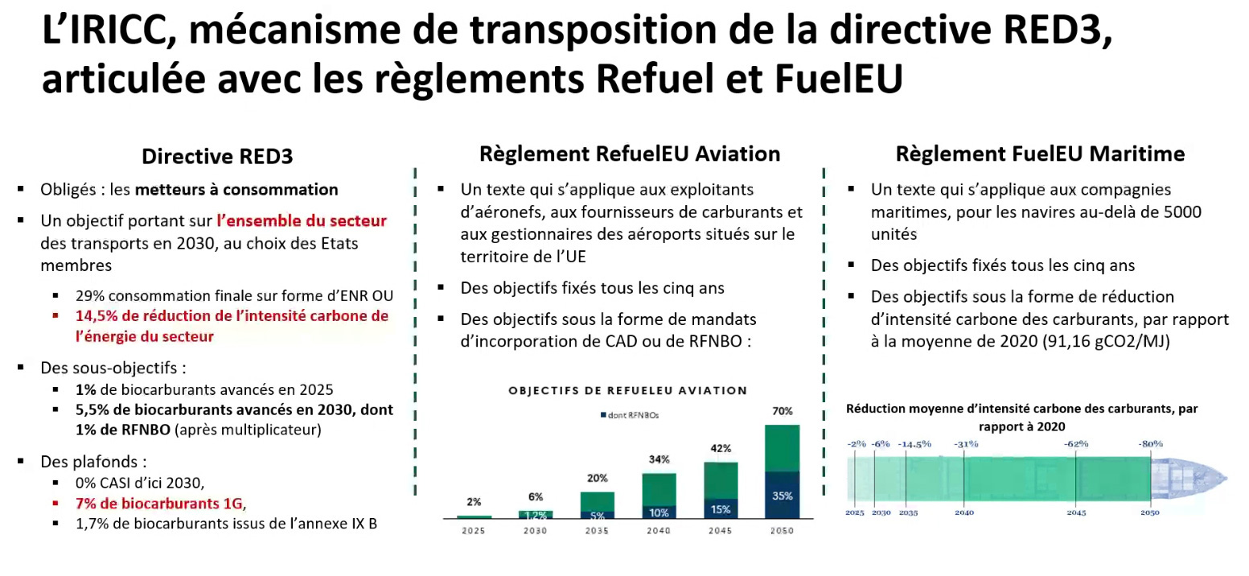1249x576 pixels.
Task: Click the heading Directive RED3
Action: [217, 156]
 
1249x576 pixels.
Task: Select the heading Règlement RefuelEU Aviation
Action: [630, 154]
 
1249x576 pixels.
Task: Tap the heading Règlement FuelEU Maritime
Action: [1040, 154]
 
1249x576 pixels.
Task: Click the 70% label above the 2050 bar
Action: [781, 411]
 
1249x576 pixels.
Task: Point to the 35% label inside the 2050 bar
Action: [782, 496]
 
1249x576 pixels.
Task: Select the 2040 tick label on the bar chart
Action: [659, 531]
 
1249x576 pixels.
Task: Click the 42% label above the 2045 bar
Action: [720, 449]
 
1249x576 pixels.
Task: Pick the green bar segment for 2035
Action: [597, 501]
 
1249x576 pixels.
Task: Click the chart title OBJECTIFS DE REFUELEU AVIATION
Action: [627, 391]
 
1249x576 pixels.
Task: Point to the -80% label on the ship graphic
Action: [1150, 444]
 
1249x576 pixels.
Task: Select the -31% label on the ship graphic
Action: [965, 444]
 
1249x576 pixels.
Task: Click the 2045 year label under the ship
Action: [1076, 512]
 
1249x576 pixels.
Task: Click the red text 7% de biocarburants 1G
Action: [159, 504]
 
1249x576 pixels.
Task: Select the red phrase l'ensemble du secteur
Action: [302, 220]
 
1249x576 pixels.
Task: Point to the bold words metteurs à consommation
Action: [236, 190]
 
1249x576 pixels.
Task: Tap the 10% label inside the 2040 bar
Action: [659, 512]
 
